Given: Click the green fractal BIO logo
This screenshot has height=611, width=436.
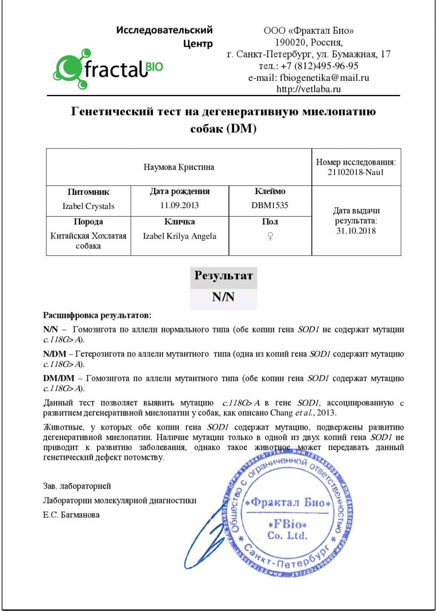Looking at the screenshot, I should (x=108, y=69).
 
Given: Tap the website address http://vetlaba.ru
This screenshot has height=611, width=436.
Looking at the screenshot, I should (x=308, y=89).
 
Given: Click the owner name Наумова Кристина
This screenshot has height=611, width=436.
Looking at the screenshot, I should (x=179, y=167).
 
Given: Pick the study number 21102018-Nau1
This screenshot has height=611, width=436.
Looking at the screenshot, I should (x=356, y=172).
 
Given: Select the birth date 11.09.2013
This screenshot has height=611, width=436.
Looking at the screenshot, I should (x=179, y=206).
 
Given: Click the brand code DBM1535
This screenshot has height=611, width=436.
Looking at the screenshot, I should (x=270, y=206).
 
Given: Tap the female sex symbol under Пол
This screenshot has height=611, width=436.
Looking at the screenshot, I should (x=270, y=236).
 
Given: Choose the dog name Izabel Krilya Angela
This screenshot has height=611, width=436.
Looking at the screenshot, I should (x=179, y=236).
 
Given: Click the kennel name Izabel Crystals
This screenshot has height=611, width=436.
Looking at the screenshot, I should (x=88, y=206).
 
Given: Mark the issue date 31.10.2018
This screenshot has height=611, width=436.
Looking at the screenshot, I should (x=356, y=231).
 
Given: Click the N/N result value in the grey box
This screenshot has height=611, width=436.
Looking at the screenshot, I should (x=223, y=297).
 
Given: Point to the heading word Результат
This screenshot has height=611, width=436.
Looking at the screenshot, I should (x=223, y=276).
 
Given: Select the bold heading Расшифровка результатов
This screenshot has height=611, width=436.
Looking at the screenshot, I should (x=97, y=315).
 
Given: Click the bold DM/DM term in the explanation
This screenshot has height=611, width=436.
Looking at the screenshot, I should (x=58, y=378).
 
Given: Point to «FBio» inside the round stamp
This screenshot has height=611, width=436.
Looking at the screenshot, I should (x=287, y=524).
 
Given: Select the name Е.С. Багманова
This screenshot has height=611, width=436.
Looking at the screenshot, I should (x=71, y=515).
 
